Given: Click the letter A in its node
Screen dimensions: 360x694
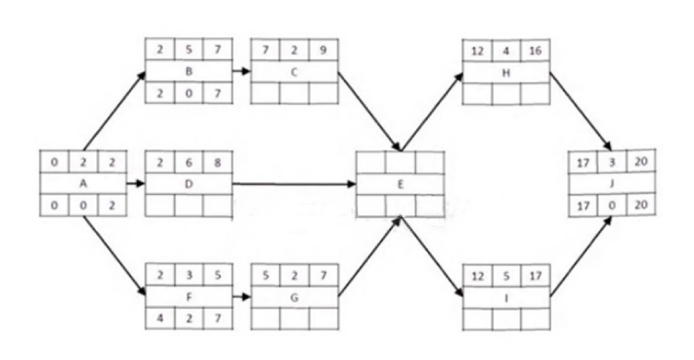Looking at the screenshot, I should pyautogui.click(x=83, y=183).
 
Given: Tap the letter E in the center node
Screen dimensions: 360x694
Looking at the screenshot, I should pyautogui.click(x=401, y=184).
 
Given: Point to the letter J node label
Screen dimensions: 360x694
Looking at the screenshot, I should pyautogui.click(x=611, y=183).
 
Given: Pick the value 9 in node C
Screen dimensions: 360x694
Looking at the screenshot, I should pyautogui.click(x=323, y=50).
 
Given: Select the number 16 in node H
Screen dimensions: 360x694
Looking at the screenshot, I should pyautogui.click(x=535, y=50).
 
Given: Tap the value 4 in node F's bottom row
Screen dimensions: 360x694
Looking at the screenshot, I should pyautogui.click(x=160, y=317).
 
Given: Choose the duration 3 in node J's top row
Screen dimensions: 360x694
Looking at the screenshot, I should pyautogui.click(x=611, y=163).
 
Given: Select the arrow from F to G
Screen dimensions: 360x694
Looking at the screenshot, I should pyautogui.click(x=241, y=296).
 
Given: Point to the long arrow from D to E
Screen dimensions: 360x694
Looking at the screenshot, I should pyautogui.click(x=295, y=183).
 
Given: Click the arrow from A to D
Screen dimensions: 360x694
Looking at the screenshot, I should pyautogui.click(x=135, y=183).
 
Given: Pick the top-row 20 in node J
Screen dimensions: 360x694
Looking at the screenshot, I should pyautogui.click(x=640, y=163).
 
